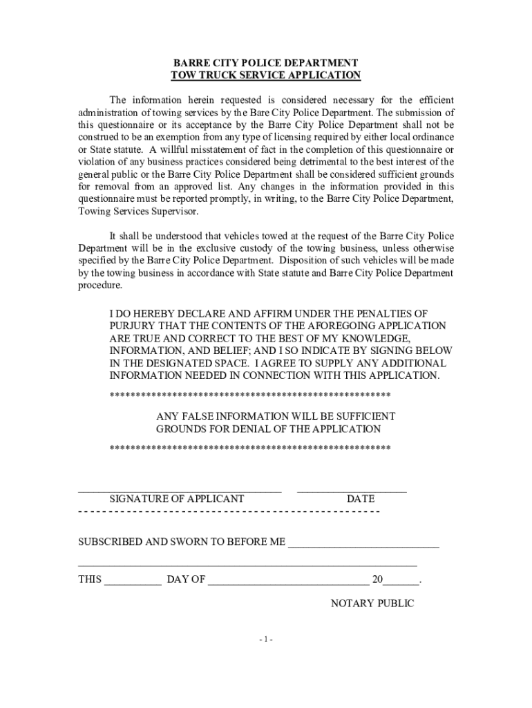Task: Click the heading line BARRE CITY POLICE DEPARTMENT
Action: pyautogui.click(x=266, y=62)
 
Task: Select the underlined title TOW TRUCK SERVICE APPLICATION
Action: pyautogui.click(x=266, y=75)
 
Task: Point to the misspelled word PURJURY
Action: pyautogui.click(x=131, y=326)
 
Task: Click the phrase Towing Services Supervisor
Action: pyautogui.click(x=138, y=212)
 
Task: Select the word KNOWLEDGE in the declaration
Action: pyautogui.click(x=373, y=338)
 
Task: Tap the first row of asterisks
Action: pyautogui.click(x=250, y=395)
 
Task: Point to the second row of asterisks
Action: pyautogui.click(x=250, y=448)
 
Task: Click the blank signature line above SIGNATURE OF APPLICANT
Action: pyautogui.click(x=180, y=491)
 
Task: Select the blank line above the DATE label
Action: pyautogui.click(x=352, y=491)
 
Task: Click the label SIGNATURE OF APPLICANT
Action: pyautogui.click(x=177, y=499)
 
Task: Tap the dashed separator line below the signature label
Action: pyautogui.click(x=228, y=512)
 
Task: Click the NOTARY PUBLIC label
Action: pyautogui.click(x=372, y=604)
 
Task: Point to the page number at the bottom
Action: pyautogui.click(x=266, y=640)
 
